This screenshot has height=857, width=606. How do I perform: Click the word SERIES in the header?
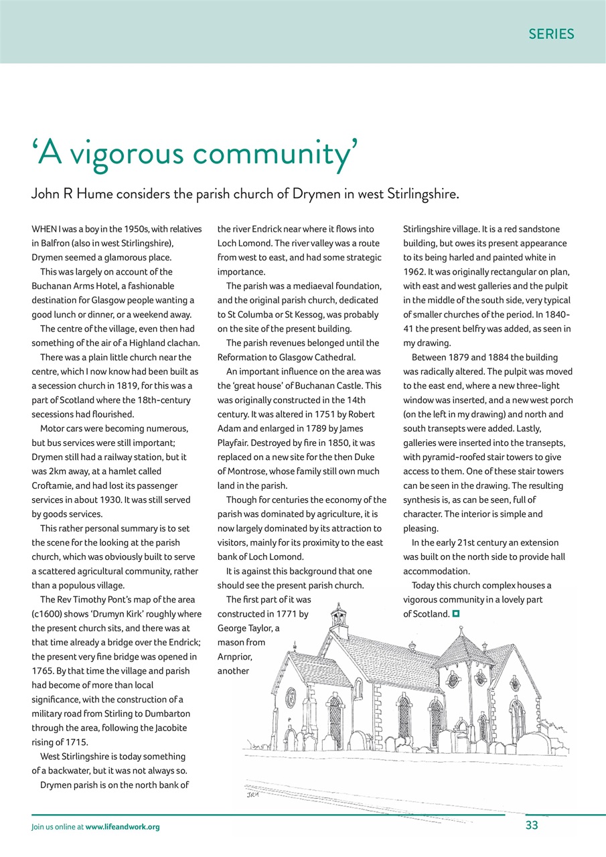point(551,34)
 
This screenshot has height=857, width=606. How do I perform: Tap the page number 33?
point(532,826)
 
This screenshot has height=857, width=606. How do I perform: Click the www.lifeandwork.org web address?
point(123,827)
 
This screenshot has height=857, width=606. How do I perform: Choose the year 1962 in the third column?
point(416,272)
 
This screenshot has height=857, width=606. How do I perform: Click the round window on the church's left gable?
point(291,697)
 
